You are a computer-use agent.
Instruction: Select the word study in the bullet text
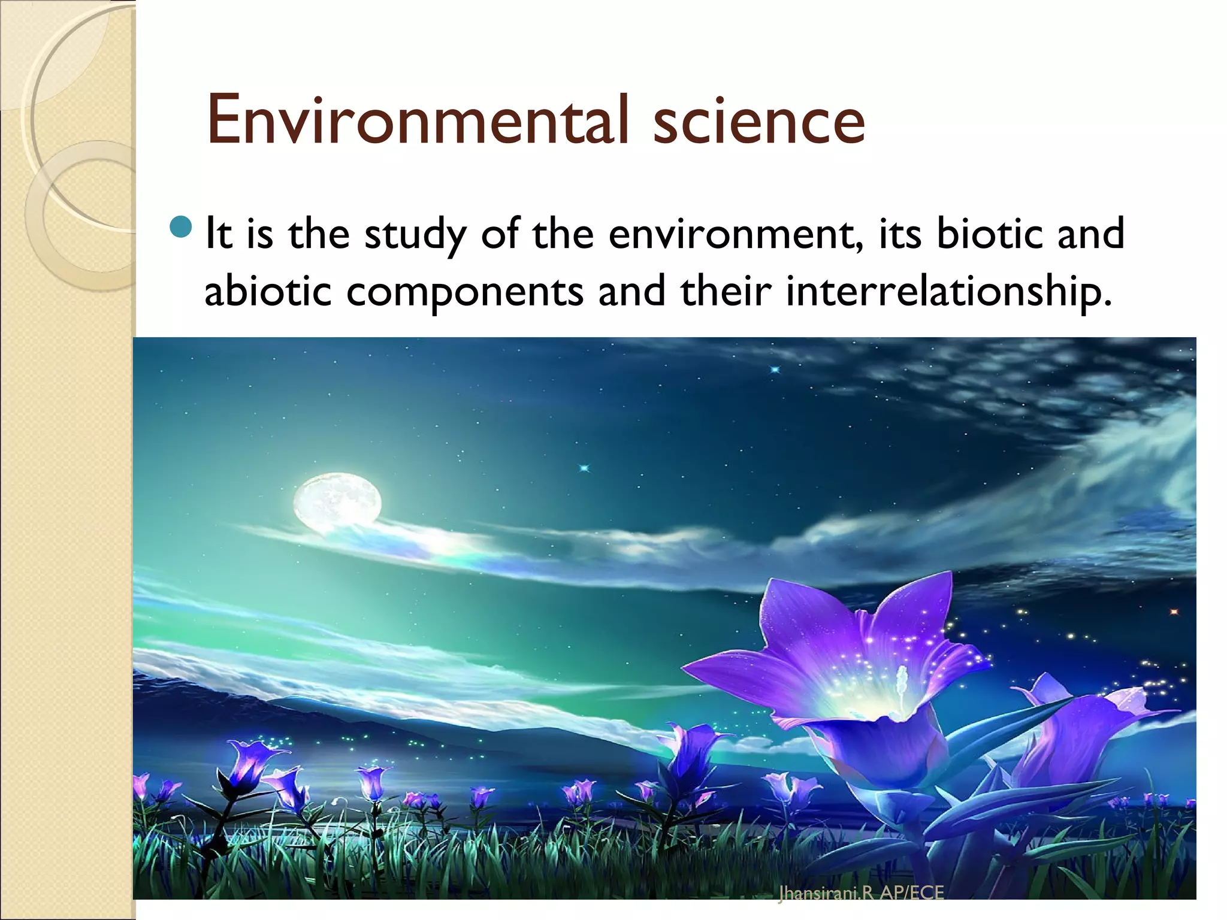click(x=415, y=235)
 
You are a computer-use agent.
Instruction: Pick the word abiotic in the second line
click(x=268, y=291)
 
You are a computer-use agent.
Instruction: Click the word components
click(x=465, y=292)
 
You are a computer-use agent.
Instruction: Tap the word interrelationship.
click(x=948, y=292)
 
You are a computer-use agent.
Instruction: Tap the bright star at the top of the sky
click(x=775, y=370)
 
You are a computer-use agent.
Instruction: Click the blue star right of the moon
click(x=584, y=468)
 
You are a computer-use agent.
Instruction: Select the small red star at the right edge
click(x=1174, y=612)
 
